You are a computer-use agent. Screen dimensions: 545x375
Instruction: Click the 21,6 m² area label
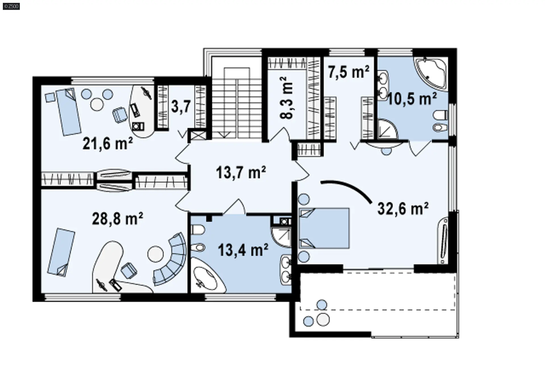pos(108,143)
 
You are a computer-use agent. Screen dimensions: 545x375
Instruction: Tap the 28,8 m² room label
pos(118,218)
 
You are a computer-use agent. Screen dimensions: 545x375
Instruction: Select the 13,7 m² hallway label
pos(241,172)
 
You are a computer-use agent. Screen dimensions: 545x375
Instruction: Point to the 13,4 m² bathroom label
pos(243,250)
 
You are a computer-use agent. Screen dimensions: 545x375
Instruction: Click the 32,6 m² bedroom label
pos(403,209)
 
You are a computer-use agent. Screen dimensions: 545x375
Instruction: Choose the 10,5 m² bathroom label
pos(412,99)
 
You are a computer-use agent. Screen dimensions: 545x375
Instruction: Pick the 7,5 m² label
pos(349,72)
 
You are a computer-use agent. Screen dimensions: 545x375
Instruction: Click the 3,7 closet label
pos(181,107)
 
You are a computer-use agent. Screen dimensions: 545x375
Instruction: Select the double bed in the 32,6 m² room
pos(324,228)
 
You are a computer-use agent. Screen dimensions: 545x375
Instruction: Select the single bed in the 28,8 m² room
pos(61,252)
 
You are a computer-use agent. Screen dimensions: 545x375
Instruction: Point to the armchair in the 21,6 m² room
pos(120,114)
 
